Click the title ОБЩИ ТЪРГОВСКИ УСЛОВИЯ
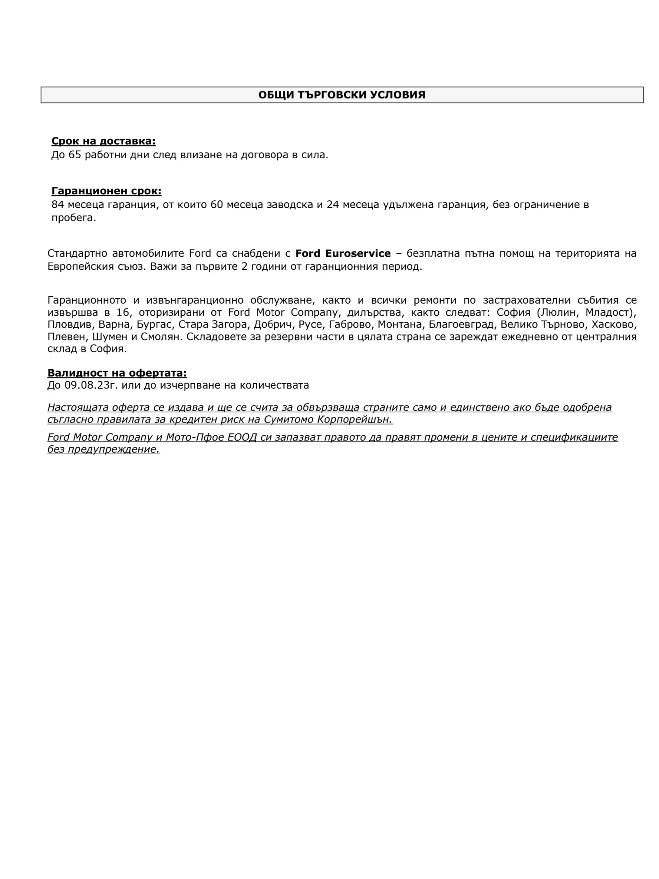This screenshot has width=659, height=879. click(341, 95)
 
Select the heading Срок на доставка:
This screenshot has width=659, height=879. click(103, 141)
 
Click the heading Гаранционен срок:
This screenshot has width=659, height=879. click(106, 191)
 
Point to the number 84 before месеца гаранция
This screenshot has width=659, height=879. click(58, 204)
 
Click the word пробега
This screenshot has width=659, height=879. click(73, 218)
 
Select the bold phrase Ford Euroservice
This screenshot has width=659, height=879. click(343, 253)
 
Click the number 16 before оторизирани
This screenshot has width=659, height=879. click(123, 312)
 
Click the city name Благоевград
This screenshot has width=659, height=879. click(461, 325)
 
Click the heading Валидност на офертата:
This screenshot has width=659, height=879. click(117, 373)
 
